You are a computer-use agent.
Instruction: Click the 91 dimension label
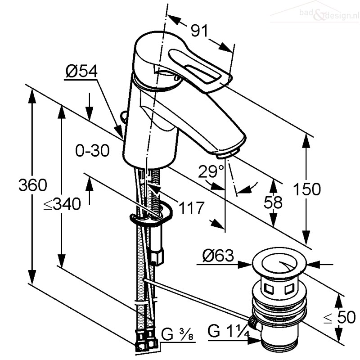tap(199, 31)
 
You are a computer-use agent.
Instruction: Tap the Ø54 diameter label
tap(81, 72)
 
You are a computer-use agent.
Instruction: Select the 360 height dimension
tap(33, 185)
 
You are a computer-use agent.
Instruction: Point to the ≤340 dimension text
tap(62, 204)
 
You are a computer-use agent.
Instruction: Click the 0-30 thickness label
tap(92, 151)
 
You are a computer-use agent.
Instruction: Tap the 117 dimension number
tap(192, 208)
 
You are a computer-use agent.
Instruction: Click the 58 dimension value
tap(273, 202)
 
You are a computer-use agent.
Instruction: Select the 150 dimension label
tap(307, 189)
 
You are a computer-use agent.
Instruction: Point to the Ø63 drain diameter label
tap(218, 255)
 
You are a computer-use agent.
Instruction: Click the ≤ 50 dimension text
tap(339, 317)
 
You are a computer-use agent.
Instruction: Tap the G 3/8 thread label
tap(177, 334)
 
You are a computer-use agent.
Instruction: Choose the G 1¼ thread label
tap(229, 331)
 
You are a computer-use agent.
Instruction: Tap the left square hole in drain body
tap(268, 288)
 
